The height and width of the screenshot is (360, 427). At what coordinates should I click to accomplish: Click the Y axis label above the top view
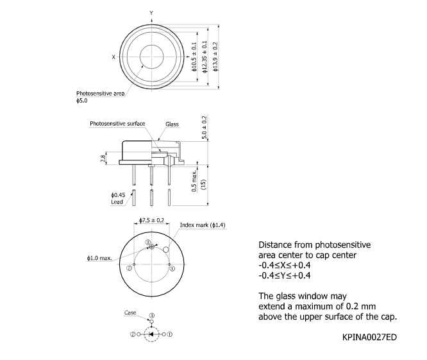pyautogui.click(x=151, y=13)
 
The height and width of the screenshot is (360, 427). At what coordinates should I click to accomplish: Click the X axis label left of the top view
pyautogui.click(x=113, y=56)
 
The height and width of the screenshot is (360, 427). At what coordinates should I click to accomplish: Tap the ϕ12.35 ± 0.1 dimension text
pyautogui.click(x=205, y=57)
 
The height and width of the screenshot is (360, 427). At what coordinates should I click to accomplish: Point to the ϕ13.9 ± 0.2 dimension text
pyautogui.click(x=215, y=57)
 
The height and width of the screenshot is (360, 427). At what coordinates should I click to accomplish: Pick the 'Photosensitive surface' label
pyautogui.click(x=117, y=123)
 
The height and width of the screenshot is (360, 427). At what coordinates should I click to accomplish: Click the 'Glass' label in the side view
pyautogui.click(x=172, y=124)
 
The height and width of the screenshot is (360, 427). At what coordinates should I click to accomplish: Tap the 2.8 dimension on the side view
pyautogui.click(x=103, y=158)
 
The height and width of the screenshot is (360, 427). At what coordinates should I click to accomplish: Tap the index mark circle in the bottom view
pyautogui.click(x=166, y=249)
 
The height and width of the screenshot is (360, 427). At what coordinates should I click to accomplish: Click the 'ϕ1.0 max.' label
pyautogui.click(x=99, y=258)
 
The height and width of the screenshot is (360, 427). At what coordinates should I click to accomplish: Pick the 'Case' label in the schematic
pyautogui.click(x=130, y=313)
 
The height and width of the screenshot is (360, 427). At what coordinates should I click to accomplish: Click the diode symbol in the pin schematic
pyautogui.click(x=151, y=334)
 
